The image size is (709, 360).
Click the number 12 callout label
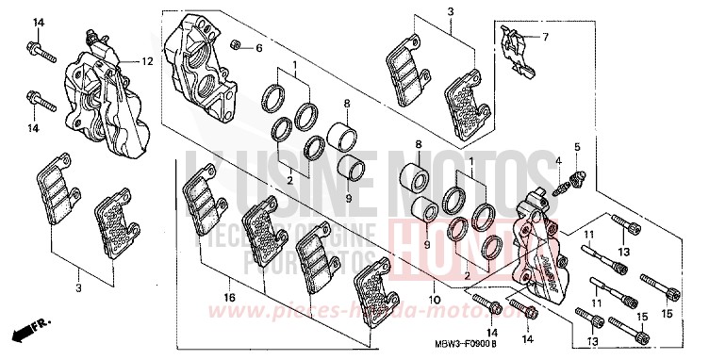[x=146, y=61]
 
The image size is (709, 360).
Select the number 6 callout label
[x=260, y=46]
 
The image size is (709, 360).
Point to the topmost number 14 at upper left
[x=38, y=22]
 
